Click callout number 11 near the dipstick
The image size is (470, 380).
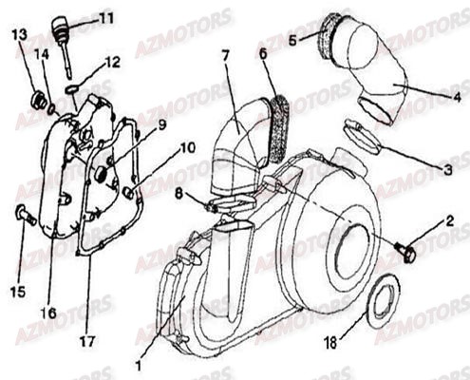tap(105, 18)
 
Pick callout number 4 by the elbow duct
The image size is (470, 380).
tap(457, 97)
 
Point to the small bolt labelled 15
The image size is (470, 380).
tap(23, 215)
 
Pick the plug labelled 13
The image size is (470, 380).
tap(40, 100)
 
